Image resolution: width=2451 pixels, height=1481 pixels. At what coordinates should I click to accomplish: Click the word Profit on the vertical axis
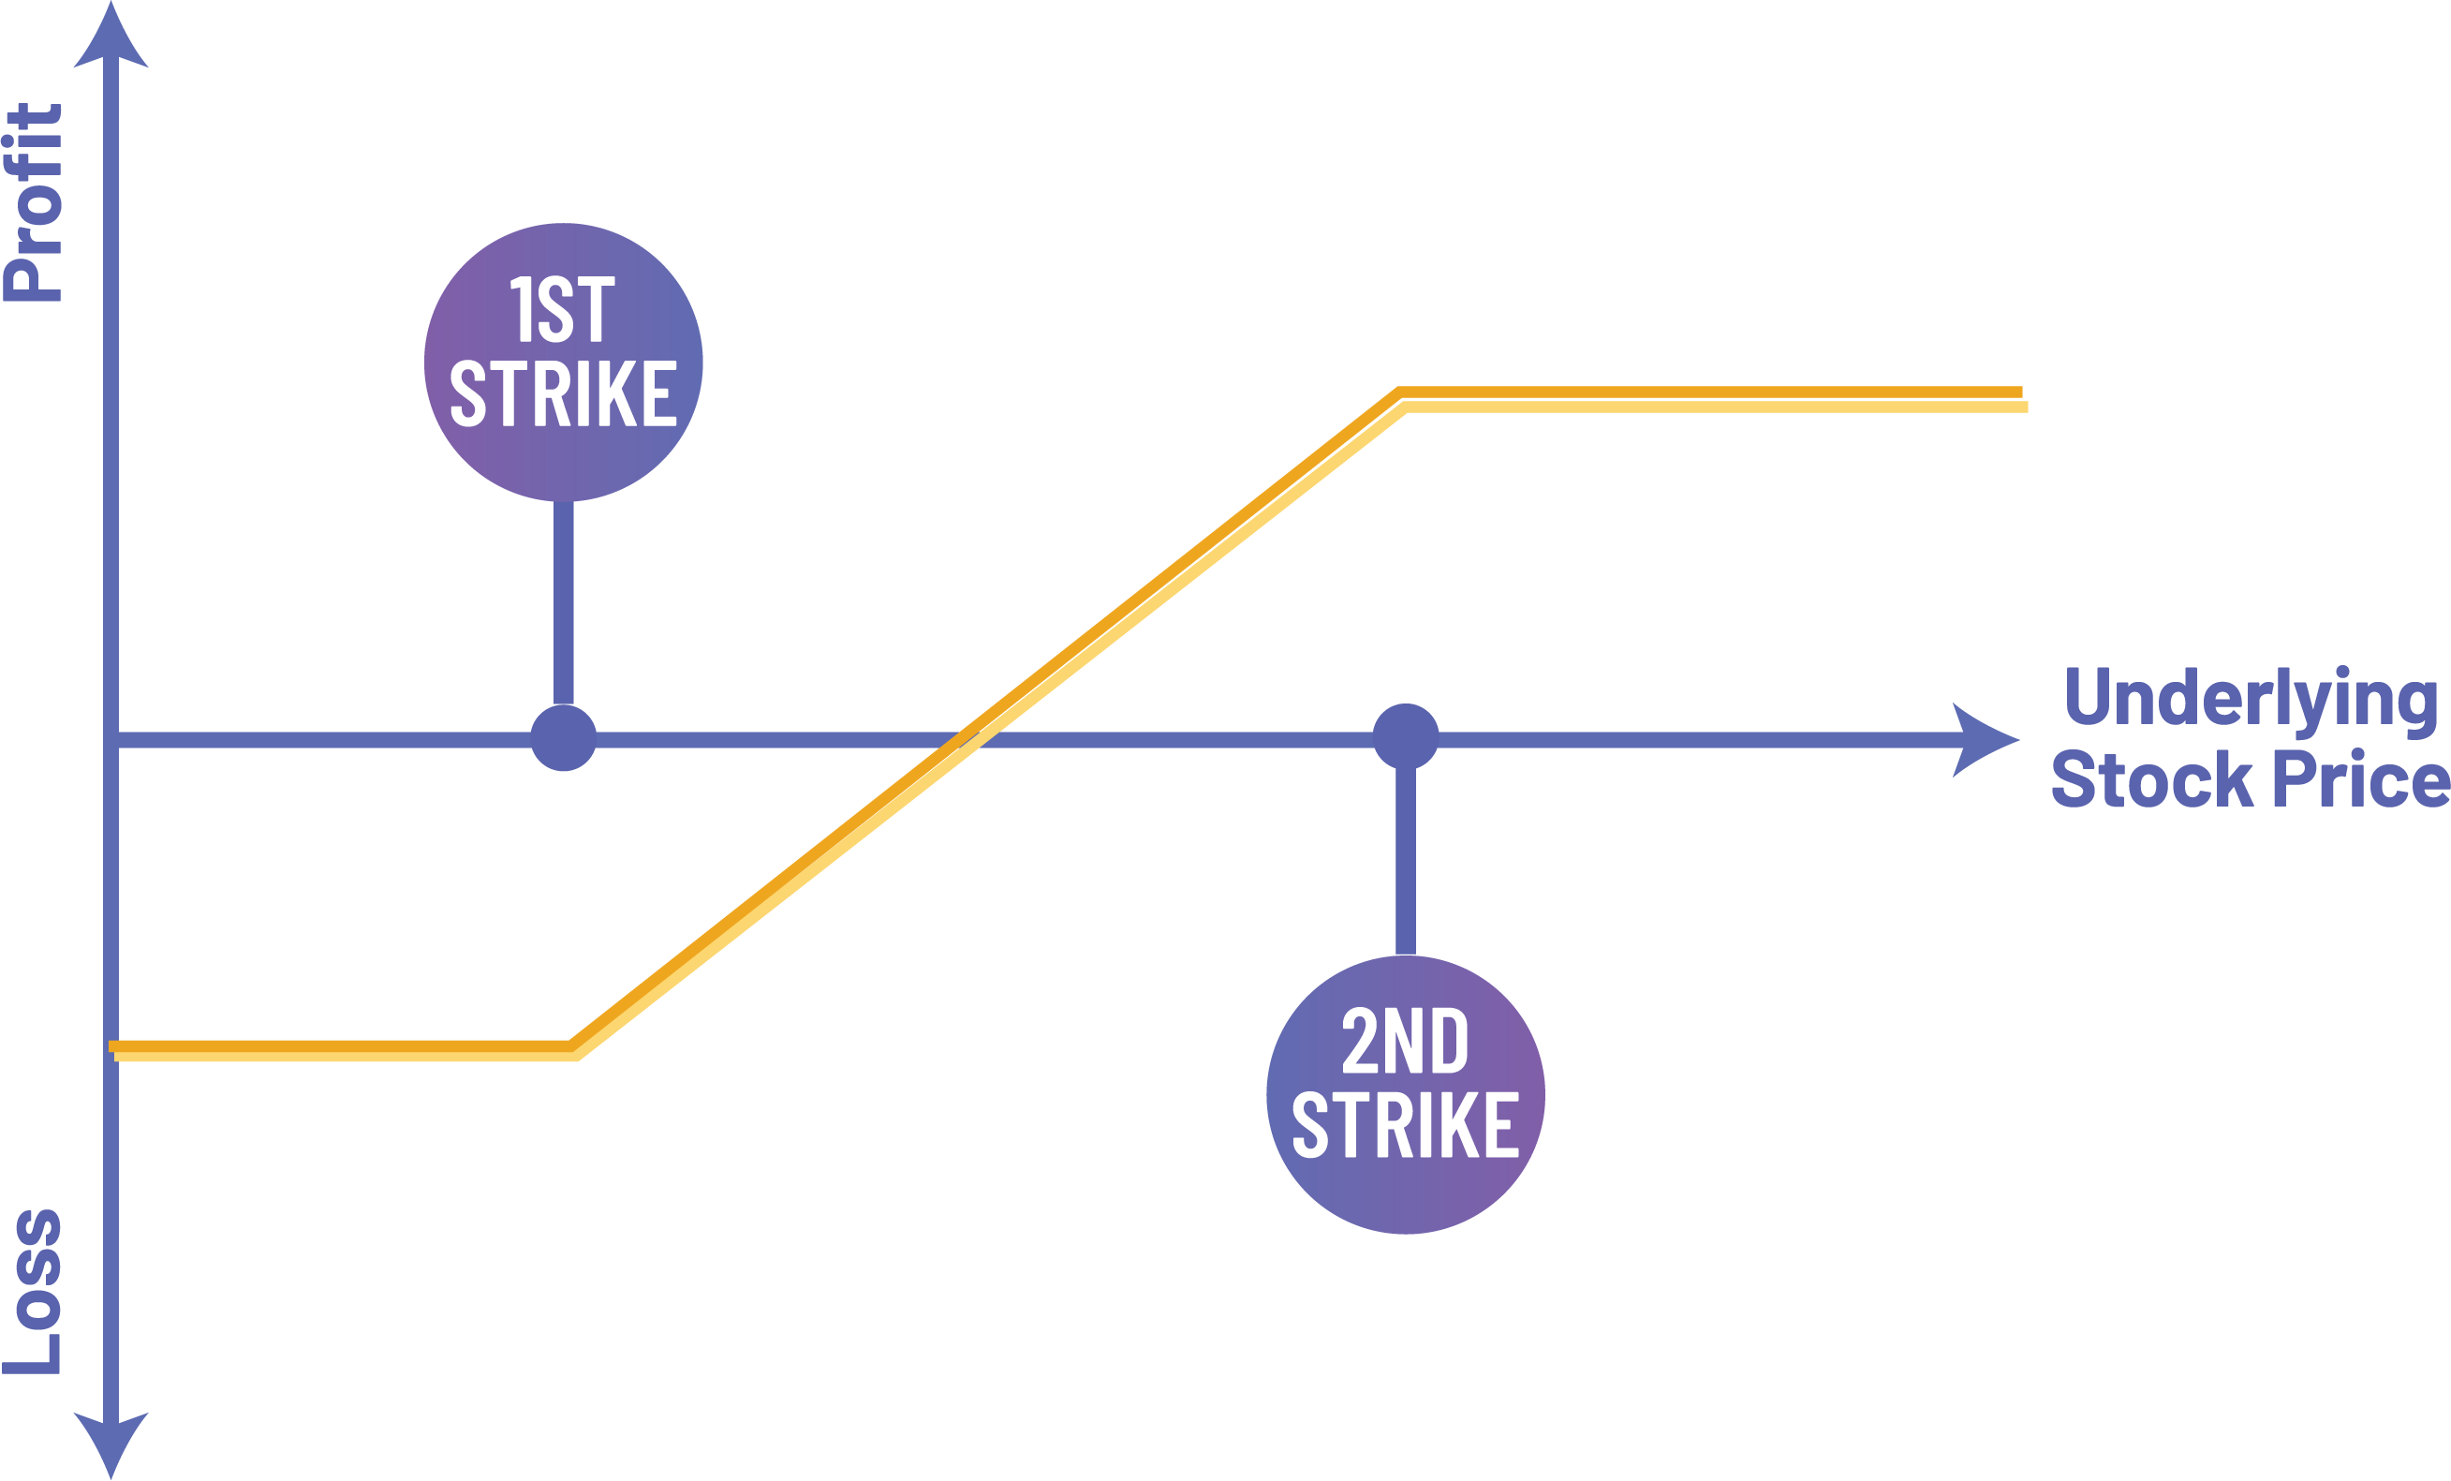pos(34,202)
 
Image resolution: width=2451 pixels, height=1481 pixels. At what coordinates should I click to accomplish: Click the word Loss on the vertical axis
pos(34,1291)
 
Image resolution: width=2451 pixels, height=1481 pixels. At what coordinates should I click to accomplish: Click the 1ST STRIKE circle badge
pos(563,362)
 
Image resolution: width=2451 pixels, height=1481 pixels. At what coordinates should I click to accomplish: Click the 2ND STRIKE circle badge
pos(1405,1095)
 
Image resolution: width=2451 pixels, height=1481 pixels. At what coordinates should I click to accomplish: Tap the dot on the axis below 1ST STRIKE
pos(563,738)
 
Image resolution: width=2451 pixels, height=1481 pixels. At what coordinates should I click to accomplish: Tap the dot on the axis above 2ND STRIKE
pos(1406,737)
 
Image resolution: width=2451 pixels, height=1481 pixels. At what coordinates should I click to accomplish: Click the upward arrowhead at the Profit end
pos(111,36)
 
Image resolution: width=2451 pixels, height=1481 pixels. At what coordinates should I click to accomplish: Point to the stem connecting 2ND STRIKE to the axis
pos(1406,860)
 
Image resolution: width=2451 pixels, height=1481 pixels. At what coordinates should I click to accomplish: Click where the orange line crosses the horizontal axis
pos(967,739)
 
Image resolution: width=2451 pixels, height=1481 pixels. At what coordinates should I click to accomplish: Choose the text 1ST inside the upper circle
pos(563,310)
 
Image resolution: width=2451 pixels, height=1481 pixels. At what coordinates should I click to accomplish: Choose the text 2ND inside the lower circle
pos(1405,1041)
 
